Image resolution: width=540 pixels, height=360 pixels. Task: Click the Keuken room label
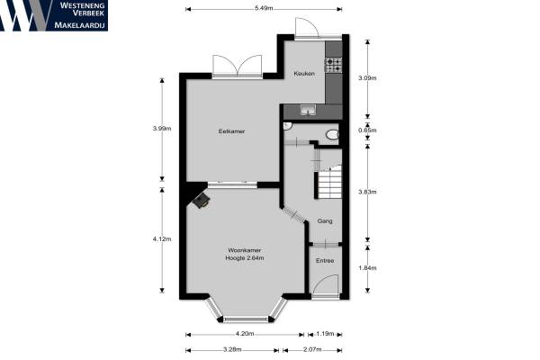(x=304, y=74)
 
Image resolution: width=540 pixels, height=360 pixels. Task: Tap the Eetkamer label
(x=231, y=131)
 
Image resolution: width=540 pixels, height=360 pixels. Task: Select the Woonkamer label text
(x=245, y=250)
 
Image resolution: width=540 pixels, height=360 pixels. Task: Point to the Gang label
(x=325, y=220)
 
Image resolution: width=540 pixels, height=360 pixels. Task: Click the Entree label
(x=325, y=261)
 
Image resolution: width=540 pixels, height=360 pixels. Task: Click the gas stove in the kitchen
(x=334, y=65)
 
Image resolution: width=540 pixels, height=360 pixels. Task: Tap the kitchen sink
(x=308, y=110)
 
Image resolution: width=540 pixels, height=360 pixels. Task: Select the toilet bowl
(x=333, y=135)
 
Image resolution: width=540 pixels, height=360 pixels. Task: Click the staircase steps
(x=329, y=182)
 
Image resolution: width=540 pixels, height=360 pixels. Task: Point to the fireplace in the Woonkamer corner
(x=202, y=201)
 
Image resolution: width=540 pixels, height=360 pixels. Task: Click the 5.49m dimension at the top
(x=264, y=9)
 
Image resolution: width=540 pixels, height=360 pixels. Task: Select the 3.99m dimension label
(x=162, y=129)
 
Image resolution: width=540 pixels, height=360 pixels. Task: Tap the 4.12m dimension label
(x=162, y=239)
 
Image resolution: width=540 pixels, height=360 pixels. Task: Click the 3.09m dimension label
(x=367, y=78)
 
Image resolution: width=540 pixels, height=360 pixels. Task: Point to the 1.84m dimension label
(x=367, y=268)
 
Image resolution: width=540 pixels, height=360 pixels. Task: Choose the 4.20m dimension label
(x=245, y=334)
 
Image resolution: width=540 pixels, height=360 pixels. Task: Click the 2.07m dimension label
(x=312, y=350)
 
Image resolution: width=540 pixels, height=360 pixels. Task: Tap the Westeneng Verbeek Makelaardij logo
(x=54, y=15)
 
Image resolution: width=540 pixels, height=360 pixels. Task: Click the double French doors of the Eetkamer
(x=238, y=66)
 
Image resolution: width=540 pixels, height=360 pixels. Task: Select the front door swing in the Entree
(x=326, y=284)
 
